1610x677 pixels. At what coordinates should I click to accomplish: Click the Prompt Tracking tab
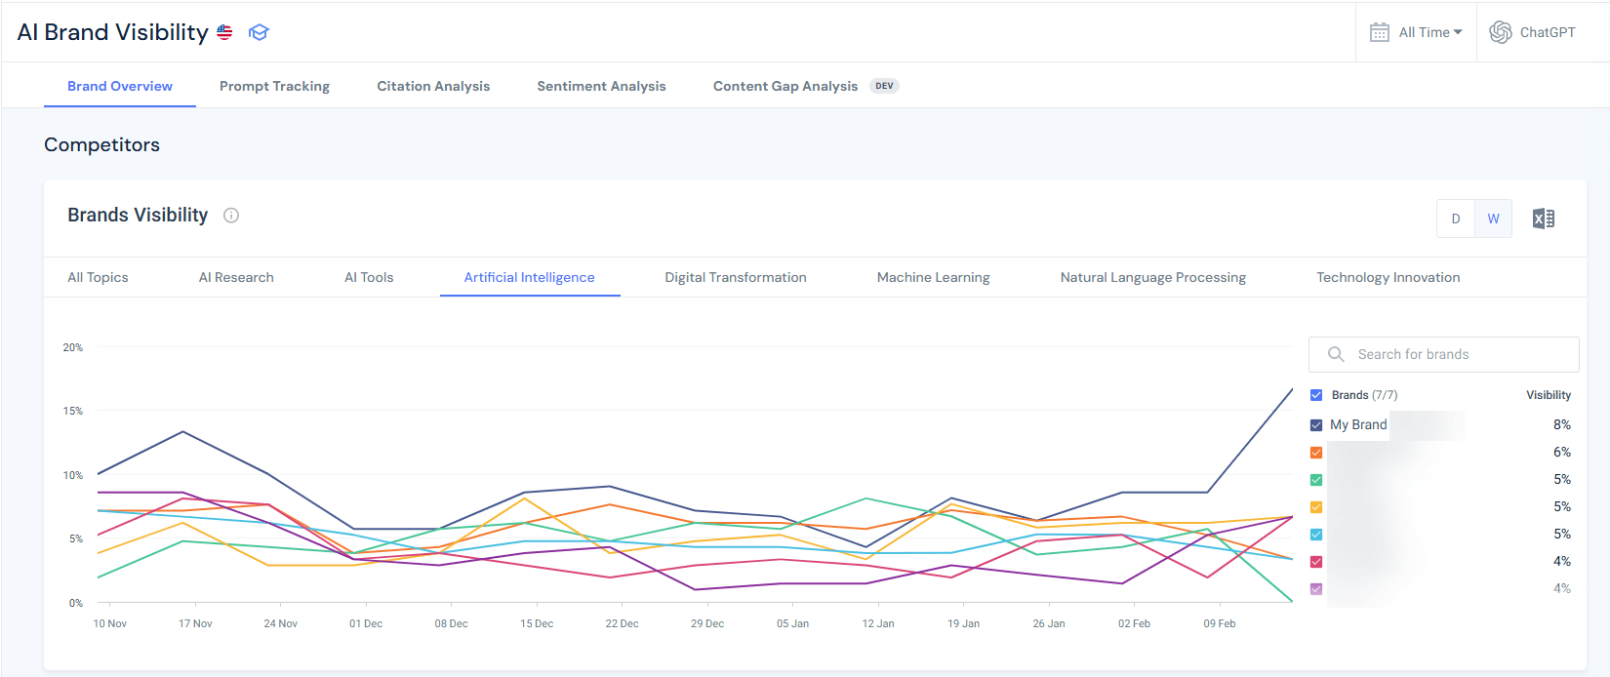pos(274,86)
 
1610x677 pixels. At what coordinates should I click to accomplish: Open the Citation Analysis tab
pos(433,86)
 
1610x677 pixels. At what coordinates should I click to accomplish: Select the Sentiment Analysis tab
pos(601,86)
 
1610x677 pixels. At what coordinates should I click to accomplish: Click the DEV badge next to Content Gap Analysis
pos(884,86)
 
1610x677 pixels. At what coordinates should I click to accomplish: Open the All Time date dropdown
pos(1417,32)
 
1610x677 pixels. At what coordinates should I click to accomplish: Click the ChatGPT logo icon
pos(1500,32)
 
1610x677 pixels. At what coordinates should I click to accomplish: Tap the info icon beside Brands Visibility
pos(231,216)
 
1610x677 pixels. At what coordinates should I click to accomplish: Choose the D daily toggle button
pos(1455,219)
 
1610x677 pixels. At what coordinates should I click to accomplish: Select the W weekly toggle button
pos(1493,219)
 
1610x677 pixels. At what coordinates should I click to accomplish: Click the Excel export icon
pos(1543,219)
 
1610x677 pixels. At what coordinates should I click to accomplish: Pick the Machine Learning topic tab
pos(933,277)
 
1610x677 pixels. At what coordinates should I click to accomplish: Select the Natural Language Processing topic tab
pos(1152,277)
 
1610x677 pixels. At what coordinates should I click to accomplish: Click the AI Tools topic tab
pos(369,277)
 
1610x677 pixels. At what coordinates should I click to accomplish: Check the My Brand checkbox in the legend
pos(1316,425)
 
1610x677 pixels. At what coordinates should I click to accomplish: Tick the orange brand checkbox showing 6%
pos(1316,453)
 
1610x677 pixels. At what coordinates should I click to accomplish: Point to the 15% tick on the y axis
pos(73,411)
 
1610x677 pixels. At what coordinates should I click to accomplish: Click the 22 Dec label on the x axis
pos(622,623)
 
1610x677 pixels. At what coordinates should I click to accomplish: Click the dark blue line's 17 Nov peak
pos(183,431)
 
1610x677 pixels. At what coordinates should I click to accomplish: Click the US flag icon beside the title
pos(224,32)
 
